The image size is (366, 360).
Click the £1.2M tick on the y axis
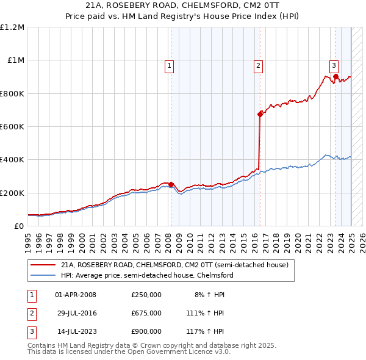click(12, 27)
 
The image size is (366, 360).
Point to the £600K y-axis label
click(12, 127)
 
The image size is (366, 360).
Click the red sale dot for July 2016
click(260, 113)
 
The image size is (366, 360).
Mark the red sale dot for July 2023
click(336, 77)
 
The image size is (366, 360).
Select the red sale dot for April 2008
click(171, 184)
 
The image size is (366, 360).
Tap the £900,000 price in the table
click(146, 332)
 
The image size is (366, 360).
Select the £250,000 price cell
click(146, 295)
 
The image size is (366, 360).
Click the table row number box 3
click(30, 332)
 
